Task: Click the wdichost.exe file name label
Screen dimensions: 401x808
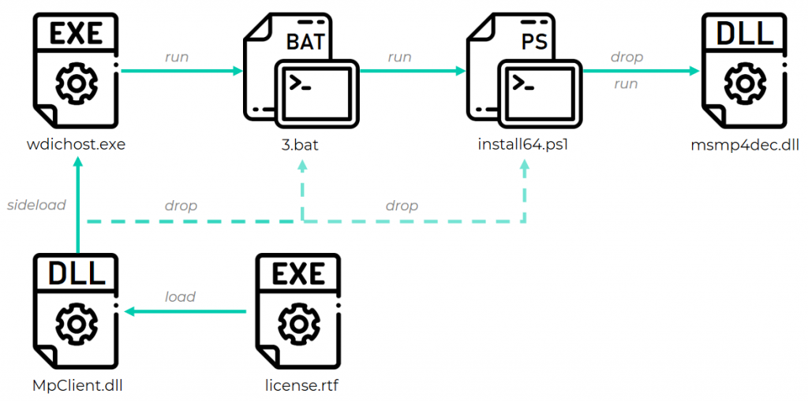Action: (76, 145)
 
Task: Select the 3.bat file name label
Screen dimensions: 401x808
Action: (300, 145)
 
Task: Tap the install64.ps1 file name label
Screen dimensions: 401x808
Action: (523, 145)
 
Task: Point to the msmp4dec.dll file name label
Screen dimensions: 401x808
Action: (744, 145)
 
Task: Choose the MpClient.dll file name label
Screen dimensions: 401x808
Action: (77, 386)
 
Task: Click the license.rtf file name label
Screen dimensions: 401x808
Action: (300, 386)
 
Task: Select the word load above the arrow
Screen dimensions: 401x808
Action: (180, 297)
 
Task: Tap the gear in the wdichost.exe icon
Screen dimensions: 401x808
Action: (76, 82)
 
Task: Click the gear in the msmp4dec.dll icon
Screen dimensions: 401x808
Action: (744, 83)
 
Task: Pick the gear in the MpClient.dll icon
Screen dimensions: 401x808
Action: (77, 323)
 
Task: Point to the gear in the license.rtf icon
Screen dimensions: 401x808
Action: (300, 323)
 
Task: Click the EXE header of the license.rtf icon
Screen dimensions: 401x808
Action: (300, 273)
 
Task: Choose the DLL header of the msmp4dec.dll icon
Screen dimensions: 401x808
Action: (744, 33)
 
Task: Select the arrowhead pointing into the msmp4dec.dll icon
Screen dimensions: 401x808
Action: (694, 71)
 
